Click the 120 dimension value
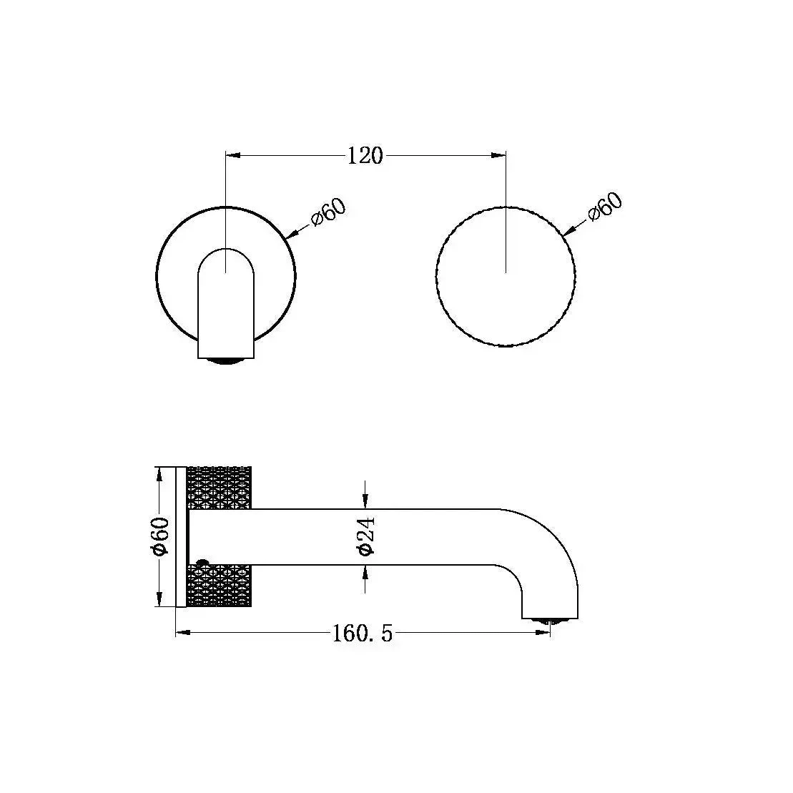point(365,155)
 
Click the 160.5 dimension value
point(363,634)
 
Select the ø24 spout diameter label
point(365,536)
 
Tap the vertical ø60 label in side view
point(160,536)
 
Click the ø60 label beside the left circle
point(328,212)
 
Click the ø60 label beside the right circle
point(605,209)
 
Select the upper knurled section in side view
point(219,487)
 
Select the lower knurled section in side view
point(219,586)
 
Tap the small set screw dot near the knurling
point(202,562)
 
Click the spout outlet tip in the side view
point(549,620)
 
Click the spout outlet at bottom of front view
point(225,360)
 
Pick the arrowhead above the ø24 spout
point(365,503)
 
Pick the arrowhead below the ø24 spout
point(365,571)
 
